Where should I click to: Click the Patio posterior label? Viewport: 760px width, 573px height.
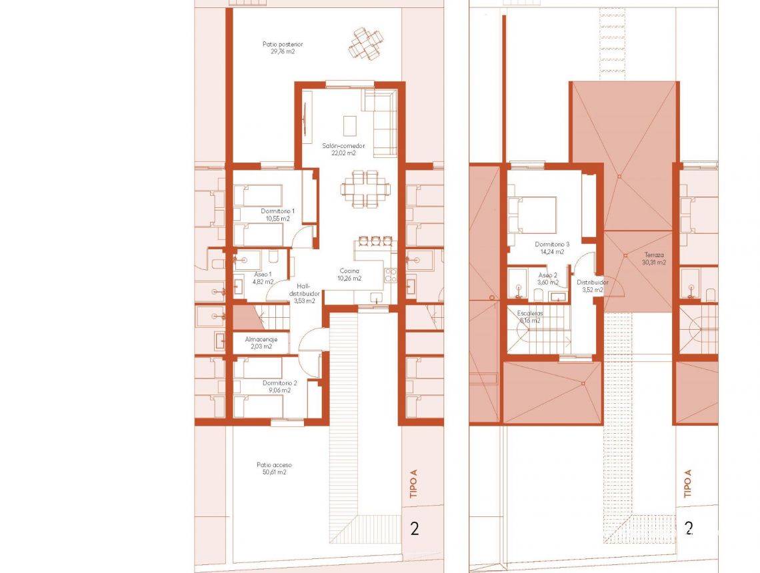tap(279, 48)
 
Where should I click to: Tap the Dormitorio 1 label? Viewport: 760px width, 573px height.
tap(278, 215)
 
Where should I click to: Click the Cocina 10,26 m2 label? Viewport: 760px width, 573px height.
tap(349, 275)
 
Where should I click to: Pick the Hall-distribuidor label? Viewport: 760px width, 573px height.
tap(305, 292)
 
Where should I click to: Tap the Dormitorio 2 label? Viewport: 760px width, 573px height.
tap(280, 386)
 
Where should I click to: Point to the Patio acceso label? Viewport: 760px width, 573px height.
tap(274, 468)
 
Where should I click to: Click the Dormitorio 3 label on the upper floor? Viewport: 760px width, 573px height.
tap(552, 248)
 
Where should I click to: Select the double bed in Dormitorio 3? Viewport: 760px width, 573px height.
tap(533, 214)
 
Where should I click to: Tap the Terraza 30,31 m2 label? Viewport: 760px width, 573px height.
tap(654, 259)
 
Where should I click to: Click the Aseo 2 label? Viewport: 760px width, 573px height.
tap(547, 279)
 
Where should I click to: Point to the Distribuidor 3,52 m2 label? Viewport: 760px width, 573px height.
tap(589, 286)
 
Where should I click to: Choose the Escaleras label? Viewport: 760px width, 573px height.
tap(530, 316)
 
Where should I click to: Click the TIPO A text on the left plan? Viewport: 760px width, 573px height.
tap(414, 484)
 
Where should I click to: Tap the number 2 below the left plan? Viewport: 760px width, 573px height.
tap(415, 529)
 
